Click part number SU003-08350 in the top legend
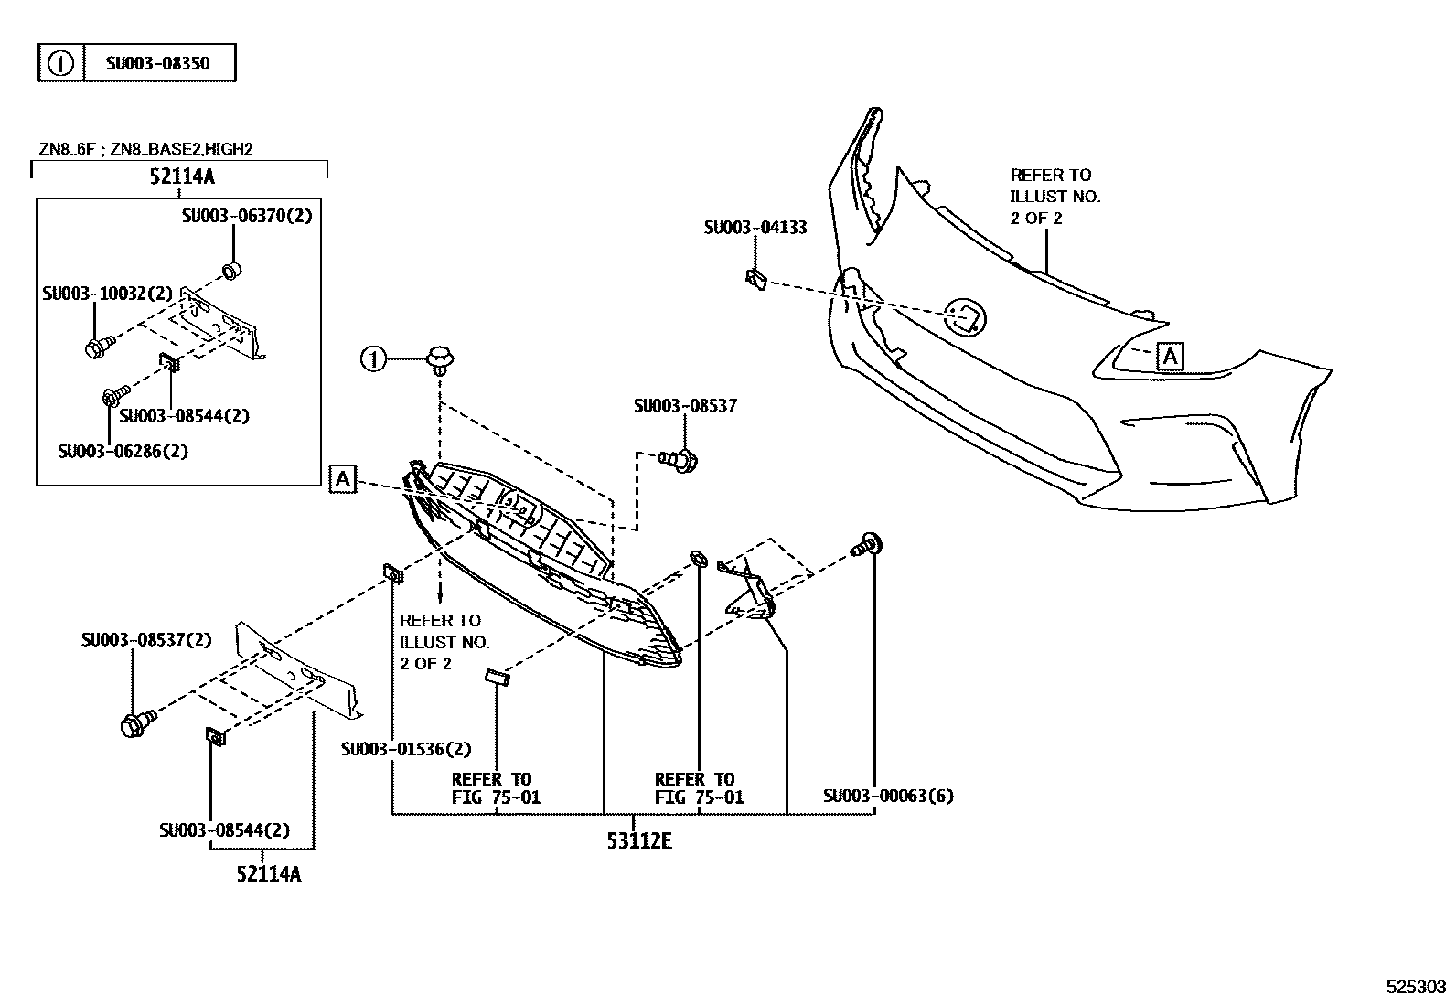click(157, 63)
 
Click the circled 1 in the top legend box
click(60, 63)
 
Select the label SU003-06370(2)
click(246, 217)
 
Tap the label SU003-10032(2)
click(107, 294)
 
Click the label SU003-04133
click(755, 228)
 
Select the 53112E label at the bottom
click(638, 840)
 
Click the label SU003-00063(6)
click(887, 796)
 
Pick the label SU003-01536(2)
click(406, 749)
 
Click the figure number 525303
click(1416, 987)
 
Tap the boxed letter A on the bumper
click(1170, 356)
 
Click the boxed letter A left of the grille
click(342, 478)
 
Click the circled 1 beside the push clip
click(373, 359)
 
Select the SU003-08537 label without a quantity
click(684, 405)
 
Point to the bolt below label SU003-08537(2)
click(136, 724)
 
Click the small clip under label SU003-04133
click(755, 278)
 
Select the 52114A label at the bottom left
click(268, 874)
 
